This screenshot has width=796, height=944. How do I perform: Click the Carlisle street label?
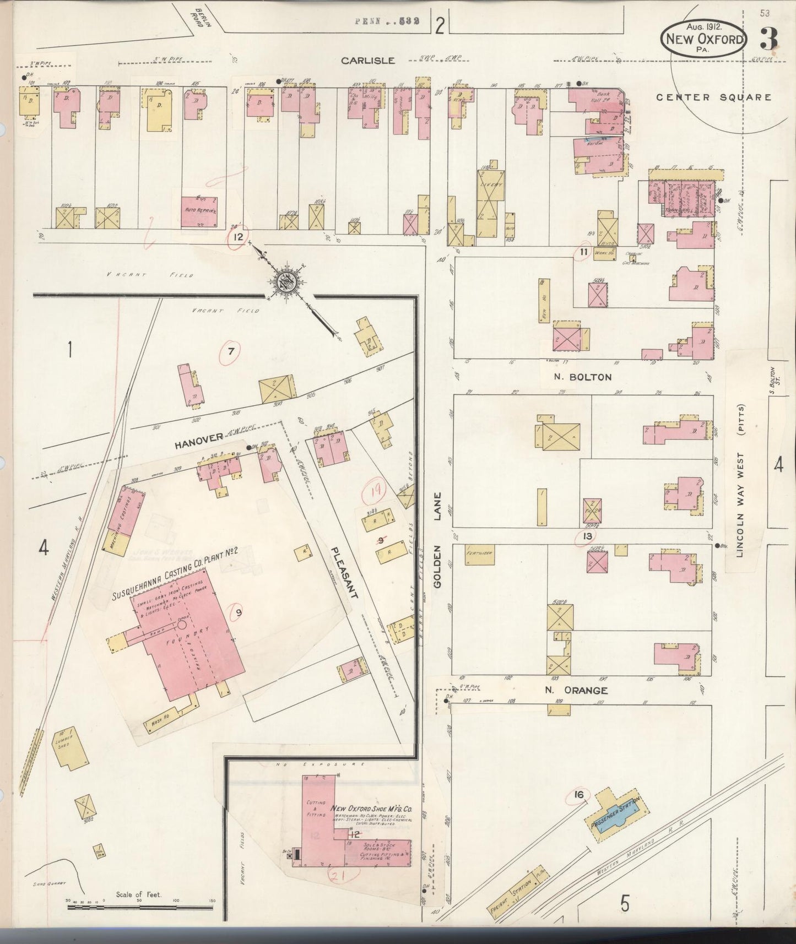click(368, 61)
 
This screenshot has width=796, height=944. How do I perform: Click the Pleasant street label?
click(345, 573)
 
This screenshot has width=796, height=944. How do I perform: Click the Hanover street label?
click(198, 437)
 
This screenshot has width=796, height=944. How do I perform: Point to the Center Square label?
click(713, 97)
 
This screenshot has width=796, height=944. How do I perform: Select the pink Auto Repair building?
click(199, 211)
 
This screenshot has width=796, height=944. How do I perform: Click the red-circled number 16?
click(578, 795)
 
